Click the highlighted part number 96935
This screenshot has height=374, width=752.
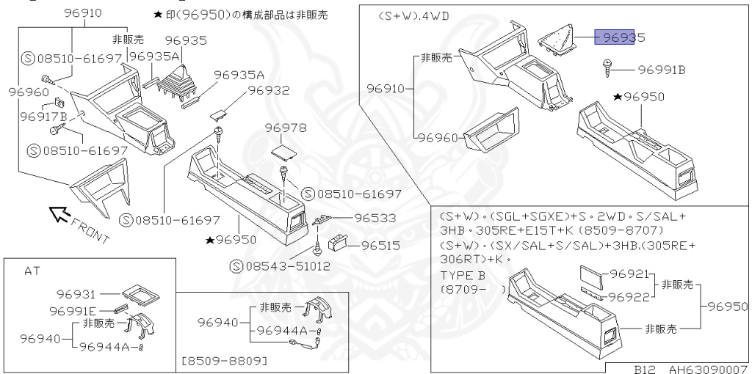click(x=619, y=37)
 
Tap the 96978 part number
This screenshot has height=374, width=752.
click(x=286, y=128)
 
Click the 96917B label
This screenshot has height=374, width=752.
click(x=43, y=116)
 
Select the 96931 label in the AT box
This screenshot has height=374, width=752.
click(x=76, y=294)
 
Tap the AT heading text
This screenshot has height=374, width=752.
click(x=32, y=271)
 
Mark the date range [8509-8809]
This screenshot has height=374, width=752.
click(x=223, y=362)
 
